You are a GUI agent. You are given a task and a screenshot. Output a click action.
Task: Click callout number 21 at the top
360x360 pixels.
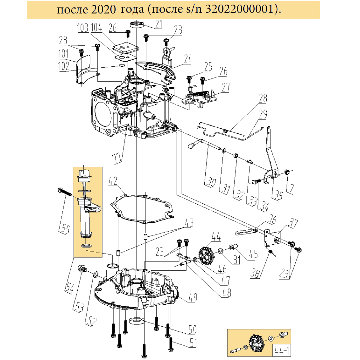(159, 24)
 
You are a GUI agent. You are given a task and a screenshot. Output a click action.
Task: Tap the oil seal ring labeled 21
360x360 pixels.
(137, 24)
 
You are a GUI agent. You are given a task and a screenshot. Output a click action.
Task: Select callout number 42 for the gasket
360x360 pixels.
(113, 181)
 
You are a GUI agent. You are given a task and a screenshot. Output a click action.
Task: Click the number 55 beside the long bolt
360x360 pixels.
(65, 229)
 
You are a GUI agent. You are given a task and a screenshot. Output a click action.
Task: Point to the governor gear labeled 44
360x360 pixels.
(206, 255)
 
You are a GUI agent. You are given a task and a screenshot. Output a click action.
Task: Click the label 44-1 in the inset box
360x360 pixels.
(282, 350)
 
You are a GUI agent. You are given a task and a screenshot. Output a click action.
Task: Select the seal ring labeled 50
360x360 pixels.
(137, 321)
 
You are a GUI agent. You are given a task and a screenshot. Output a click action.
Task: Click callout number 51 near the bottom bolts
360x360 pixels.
(193, 343)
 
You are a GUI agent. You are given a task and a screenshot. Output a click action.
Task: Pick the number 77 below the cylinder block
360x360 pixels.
(117, 159)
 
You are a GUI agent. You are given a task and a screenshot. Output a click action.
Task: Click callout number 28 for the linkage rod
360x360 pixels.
(263, 98)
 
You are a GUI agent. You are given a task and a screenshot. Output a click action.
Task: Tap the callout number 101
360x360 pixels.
(63, 54)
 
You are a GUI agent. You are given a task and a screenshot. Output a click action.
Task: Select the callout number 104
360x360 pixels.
(96, 28)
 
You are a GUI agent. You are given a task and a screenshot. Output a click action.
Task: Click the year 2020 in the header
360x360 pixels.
(103, 10)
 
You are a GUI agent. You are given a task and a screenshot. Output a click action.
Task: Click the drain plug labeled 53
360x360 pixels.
(82, 268)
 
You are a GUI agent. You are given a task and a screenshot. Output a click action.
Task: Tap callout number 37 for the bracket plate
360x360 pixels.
(293, 223)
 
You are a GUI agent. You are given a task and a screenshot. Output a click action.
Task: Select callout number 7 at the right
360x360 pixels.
(291, 188)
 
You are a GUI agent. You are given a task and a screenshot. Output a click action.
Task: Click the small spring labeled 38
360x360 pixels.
(272, 253)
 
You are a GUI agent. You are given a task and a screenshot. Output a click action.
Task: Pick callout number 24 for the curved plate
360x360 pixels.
(188, 59)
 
